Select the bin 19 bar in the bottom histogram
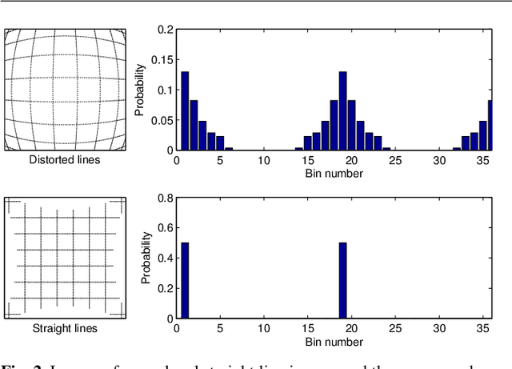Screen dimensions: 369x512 (x=342, y=280)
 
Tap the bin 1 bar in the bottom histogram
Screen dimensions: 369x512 (x=185, y=280)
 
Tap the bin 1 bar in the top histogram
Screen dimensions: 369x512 (x=185, y=110)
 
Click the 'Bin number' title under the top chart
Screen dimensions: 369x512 (x=335, y=173)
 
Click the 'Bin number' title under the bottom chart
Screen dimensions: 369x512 (x=335, y=342)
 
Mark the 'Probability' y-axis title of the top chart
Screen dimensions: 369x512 (x=140, y=90)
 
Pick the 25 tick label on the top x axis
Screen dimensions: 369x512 (x=394, y=160)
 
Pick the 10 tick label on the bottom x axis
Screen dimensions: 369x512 (x=263, y=329)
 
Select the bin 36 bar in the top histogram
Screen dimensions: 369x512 (x=490, y=125)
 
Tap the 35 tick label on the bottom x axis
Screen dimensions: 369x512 (x=482, y=329)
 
